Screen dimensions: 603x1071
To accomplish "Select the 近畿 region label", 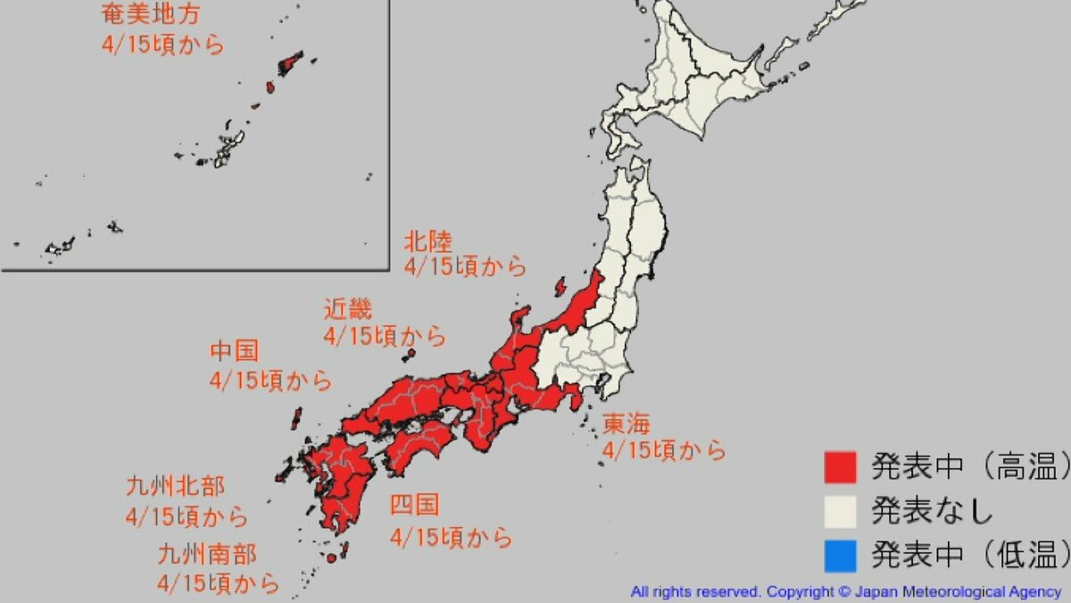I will (x=348, y=310).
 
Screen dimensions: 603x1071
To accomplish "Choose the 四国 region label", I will (x=414, y=507).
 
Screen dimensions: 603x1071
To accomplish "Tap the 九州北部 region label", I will (x=175, y=487).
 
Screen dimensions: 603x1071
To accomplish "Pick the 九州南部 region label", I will (x=206, y=555).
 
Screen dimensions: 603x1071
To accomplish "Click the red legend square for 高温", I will (x=839, y=466).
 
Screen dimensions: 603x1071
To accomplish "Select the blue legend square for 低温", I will (x=839, y=556).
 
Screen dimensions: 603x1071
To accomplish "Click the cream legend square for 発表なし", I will (x=839, y=511).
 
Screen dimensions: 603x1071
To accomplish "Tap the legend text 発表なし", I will (x=932, y=511).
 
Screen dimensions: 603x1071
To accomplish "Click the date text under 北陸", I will (x=465, y=266).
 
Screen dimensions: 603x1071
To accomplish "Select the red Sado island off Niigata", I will (x=560, y=287).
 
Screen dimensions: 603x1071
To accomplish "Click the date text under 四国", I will (x=452, y=538).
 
